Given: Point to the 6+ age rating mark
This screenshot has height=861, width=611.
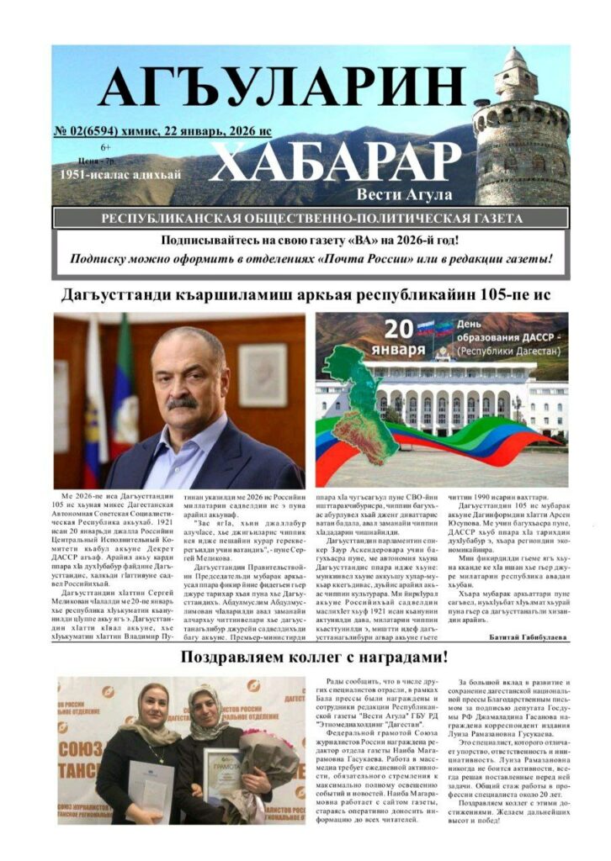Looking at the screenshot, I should (x=105, y=147).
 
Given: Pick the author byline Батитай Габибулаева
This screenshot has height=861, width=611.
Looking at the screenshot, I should (x=528, y=637).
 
